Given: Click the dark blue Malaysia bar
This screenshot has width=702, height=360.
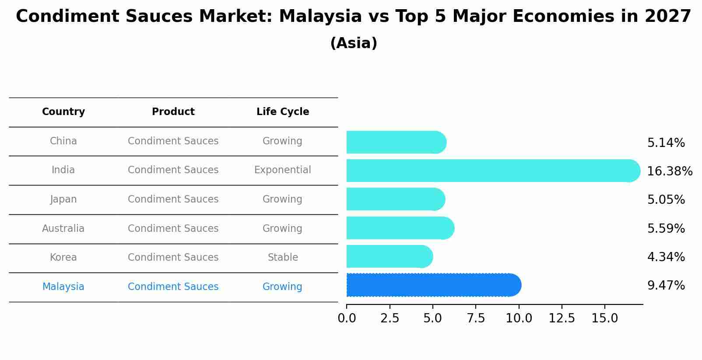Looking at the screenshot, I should (x=433, y=285).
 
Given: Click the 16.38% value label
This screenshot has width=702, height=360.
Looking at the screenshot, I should (x=669, y=171).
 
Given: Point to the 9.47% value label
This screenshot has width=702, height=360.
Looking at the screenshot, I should (x=666, y=286).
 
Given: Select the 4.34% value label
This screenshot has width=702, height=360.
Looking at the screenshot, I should (x=666, y=257).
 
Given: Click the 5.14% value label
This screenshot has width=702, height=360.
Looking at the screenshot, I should (x=666, y=143).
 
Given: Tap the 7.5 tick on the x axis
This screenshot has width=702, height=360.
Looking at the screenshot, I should (x=476, y=318).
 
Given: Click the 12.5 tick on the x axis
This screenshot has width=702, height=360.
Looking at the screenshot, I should (x=562, y=318).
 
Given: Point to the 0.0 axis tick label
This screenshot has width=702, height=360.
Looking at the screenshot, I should (x=347, y=318).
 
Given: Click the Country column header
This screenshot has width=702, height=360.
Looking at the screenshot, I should (x=63, y=112).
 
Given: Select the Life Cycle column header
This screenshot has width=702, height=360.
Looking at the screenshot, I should (x=283, y=112).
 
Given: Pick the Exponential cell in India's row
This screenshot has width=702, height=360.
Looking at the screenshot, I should (x=283, y=170).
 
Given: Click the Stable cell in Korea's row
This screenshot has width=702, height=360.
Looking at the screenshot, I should (x=283, y=257).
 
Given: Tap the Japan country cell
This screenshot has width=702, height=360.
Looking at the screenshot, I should (x=63, y=199).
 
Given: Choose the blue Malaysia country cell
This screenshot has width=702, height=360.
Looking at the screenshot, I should (x=63, y=287).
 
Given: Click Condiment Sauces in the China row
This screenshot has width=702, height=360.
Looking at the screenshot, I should (x=173, y=141).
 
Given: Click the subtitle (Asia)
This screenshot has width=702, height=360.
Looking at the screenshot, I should (x=354, y=43).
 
